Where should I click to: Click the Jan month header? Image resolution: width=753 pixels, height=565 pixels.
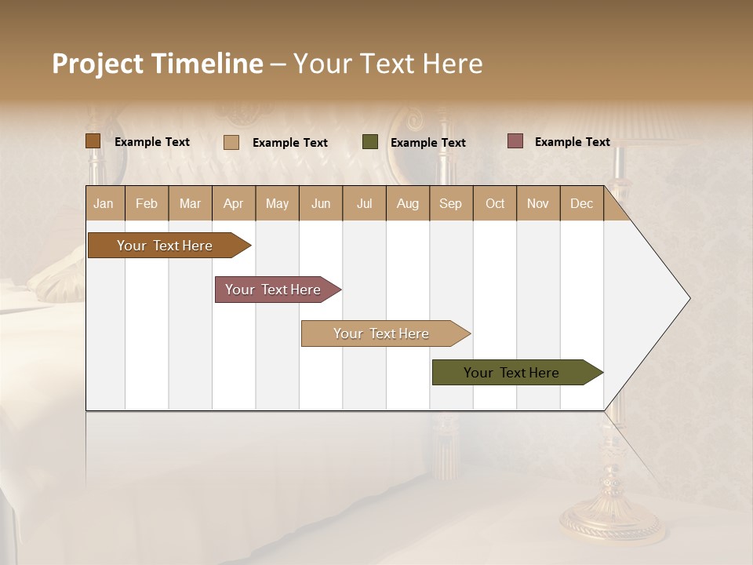click(x=104, y=203)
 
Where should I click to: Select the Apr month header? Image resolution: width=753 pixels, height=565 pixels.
click(x=233, y=203)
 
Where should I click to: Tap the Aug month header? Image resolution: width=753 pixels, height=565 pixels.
click(x=407, y=203)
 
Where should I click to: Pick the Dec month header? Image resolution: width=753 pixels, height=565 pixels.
click(x=581, y=203)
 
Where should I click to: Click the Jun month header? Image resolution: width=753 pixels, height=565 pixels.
click(x=320, y=203)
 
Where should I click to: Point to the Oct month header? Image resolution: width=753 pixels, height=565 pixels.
click(x=494, y=203)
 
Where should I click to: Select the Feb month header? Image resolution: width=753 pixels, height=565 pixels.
click(x=147, y=203)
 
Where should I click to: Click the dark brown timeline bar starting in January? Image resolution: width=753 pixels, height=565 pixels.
click(x=165, y=246)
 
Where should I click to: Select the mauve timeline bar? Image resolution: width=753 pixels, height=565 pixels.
click(x=273, y=290)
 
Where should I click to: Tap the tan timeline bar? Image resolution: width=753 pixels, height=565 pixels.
click(x=381, y=334)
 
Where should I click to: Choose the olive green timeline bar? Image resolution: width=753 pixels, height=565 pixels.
click(x=511, y=373)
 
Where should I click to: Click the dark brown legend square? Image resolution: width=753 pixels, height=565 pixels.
click(x=93, y=141)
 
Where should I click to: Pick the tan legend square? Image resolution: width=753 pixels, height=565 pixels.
click(x=231, y=142)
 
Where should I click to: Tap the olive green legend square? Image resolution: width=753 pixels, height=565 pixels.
click(x=370, y=142)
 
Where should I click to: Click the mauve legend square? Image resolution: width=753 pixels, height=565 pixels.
click(x=515, y=141)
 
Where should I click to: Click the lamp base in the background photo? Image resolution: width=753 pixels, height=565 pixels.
click(x=610, y=522)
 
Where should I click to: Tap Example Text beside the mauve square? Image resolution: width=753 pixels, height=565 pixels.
click(x=572, y=142)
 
